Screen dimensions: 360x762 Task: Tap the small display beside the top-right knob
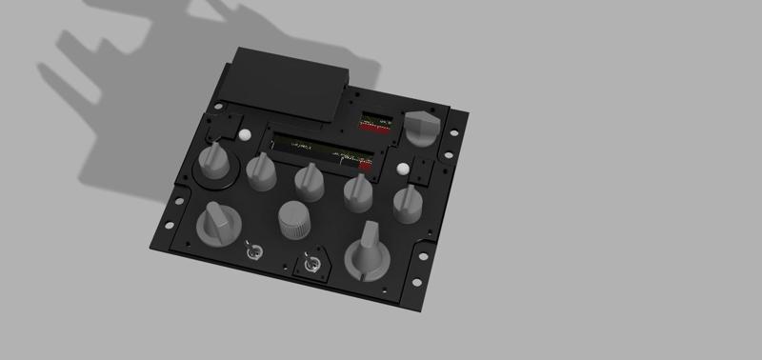(374, 123)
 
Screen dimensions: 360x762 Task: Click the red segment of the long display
(365, 162)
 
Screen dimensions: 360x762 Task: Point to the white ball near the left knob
(244, 135)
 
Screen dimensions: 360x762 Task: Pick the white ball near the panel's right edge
(405, 170)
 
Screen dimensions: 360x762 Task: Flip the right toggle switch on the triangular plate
(310, 261)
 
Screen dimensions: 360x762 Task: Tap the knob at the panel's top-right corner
(420, 126)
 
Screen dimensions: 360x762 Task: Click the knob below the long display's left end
(261, 171)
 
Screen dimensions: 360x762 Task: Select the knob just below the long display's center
(308, 178)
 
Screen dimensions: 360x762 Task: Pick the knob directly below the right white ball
(408, 201)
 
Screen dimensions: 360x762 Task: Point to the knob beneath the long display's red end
(358, 191)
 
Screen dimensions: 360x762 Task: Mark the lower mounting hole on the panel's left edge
(169, 226)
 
